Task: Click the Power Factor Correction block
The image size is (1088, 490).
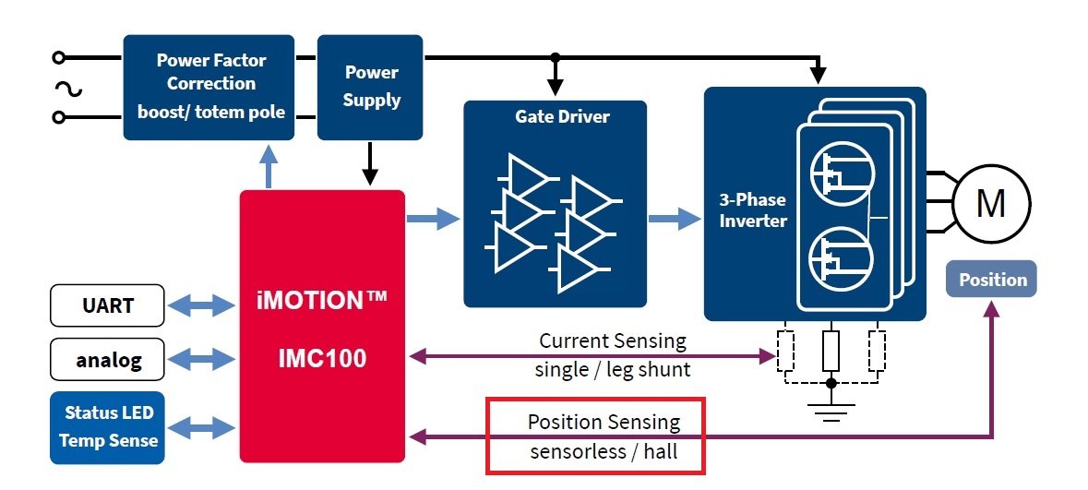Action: [x=209, y=87]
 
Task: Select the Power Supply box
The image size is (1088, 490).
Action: [x=370, y=87]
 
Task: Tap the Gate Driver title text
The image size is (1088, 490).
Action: [x=555, y=117]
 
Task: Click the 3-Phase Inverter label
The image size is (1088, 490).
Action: [x=753, y=210]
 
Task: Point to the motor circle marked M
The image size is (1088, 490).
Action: [x=990, y=203]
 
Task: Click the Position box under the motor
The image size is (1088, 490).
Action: [x=992, y=280]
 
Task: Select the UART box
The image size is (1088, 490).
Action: [x=107, y=305]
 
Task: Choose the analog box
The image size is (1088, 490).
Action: [x=107, y=359]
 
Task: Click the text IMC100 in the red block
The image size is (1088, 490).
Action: [x=323, y=357]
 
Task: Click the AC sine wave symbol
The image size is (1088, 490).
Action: [x=69, y=89]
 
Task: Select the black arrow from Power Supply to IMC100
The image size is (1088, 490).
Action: [x=370, y=164]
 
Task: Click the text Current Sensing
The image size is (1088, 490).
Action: [x=613, y=341]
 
